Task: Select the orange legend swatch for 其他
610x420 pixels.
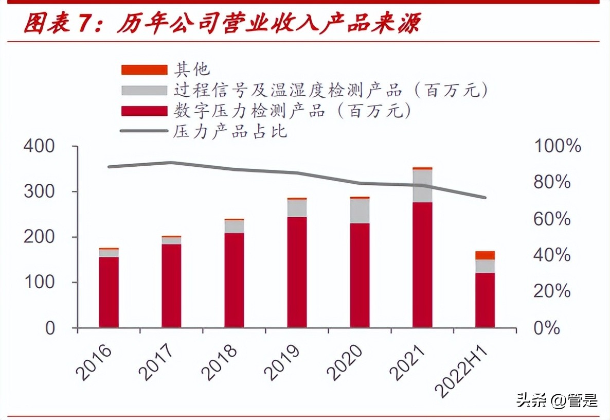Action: click(144, 69)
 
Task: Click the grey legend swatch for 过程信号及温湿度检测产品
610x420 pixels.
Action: click(144, 90)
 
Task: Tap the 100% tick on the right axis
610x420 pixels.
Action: click(558, 147)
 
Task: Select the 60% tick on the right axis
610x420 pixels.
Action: click(552, 219)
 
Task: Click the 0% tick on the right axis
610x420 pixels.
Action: click(547, 328)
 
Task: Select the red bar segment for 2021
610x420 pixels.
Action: click(422, 265)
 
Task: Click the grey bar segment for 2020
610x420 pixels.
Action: click(360, 211)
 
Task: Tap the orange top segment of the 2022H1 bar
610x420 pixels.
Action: click(485, 255)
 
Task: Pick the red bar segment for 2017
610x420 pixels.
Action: click(171, 286)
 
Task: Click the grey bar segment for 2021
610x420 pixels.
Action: click(422, 186)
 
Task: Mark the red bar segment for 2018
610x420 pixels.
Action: click(234, 280)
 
